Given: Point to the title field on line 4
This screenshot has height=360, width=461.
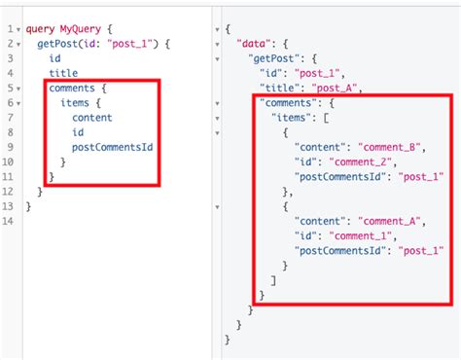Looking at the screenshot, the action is (63, 73).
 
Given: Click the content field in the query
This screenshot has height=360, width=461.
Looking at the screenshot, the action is (92, 117).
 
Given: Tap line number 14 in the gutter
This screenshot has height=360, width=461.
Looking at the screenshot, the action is (8, 222).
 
